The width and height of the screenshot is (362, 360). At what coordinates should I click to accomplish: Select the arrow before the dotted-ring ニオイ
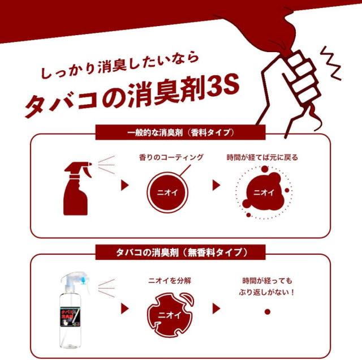[x=216, y=185]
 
